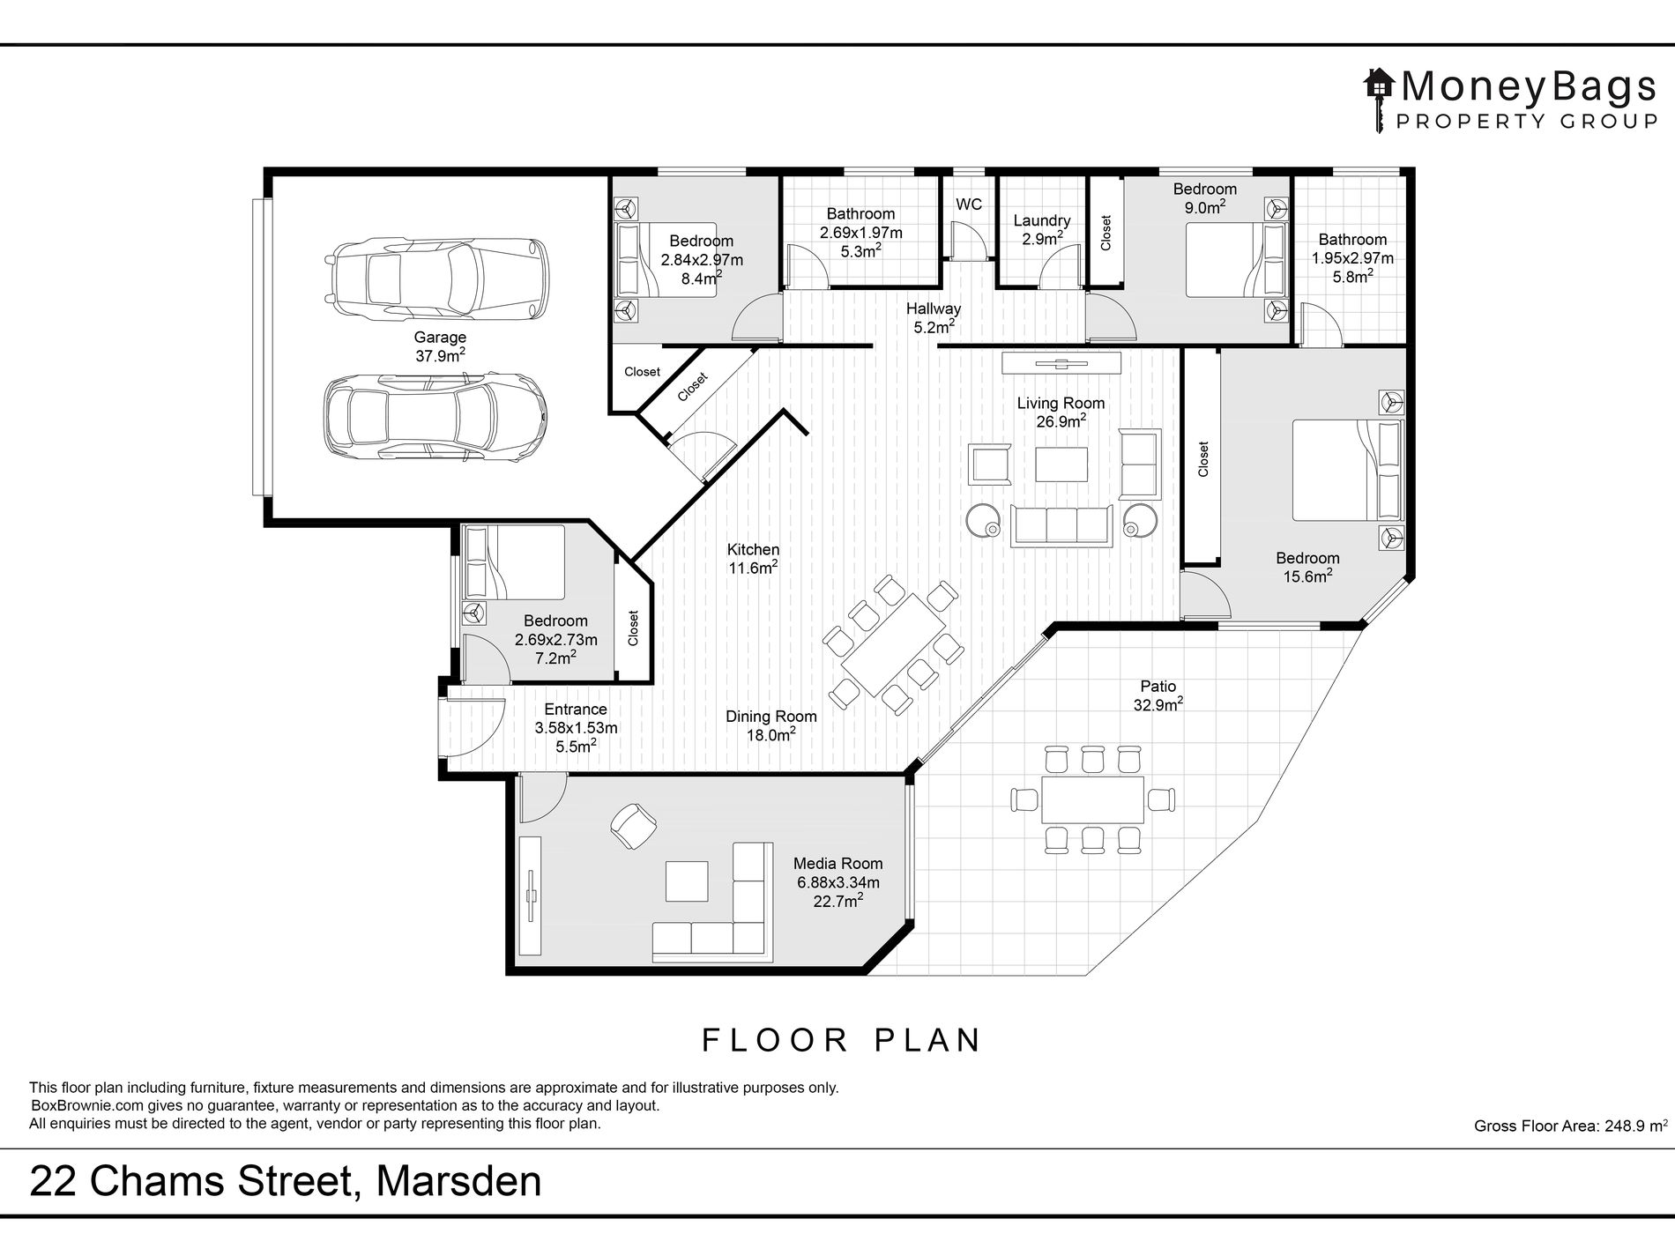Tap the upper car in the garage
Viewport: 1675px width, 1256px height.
coord(438,279)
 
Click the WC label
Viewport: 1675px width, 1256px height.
coord(969,204)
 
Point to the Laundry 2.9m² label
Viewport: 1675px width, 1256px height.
coord(1042,230)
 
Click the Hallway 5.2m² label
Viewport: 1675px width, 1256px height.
coord(934,318)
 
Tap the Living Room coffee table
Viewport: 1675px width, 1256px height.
coord(1061,464)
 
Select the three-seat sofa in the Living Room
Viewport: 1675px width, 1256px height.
coord(1061,524)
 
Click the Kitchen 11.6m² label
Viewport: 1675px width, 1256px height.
coord(753,559)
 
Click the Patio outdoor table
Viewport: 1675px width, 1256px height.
coord(1092,799)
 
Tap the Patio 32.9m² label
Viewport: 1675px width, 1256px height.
coord(1158,695)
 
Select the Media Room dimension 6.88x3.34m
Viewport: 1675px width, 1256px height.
coord(837,882)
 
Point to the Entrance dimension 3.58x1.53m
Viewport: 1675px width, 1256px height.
coord(576,728)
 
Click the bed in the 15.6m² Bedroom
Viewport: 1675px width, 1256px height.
coord(1347,471)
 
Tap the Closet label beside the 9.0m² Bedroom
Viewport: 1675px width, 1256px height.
coord(1106,233)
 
